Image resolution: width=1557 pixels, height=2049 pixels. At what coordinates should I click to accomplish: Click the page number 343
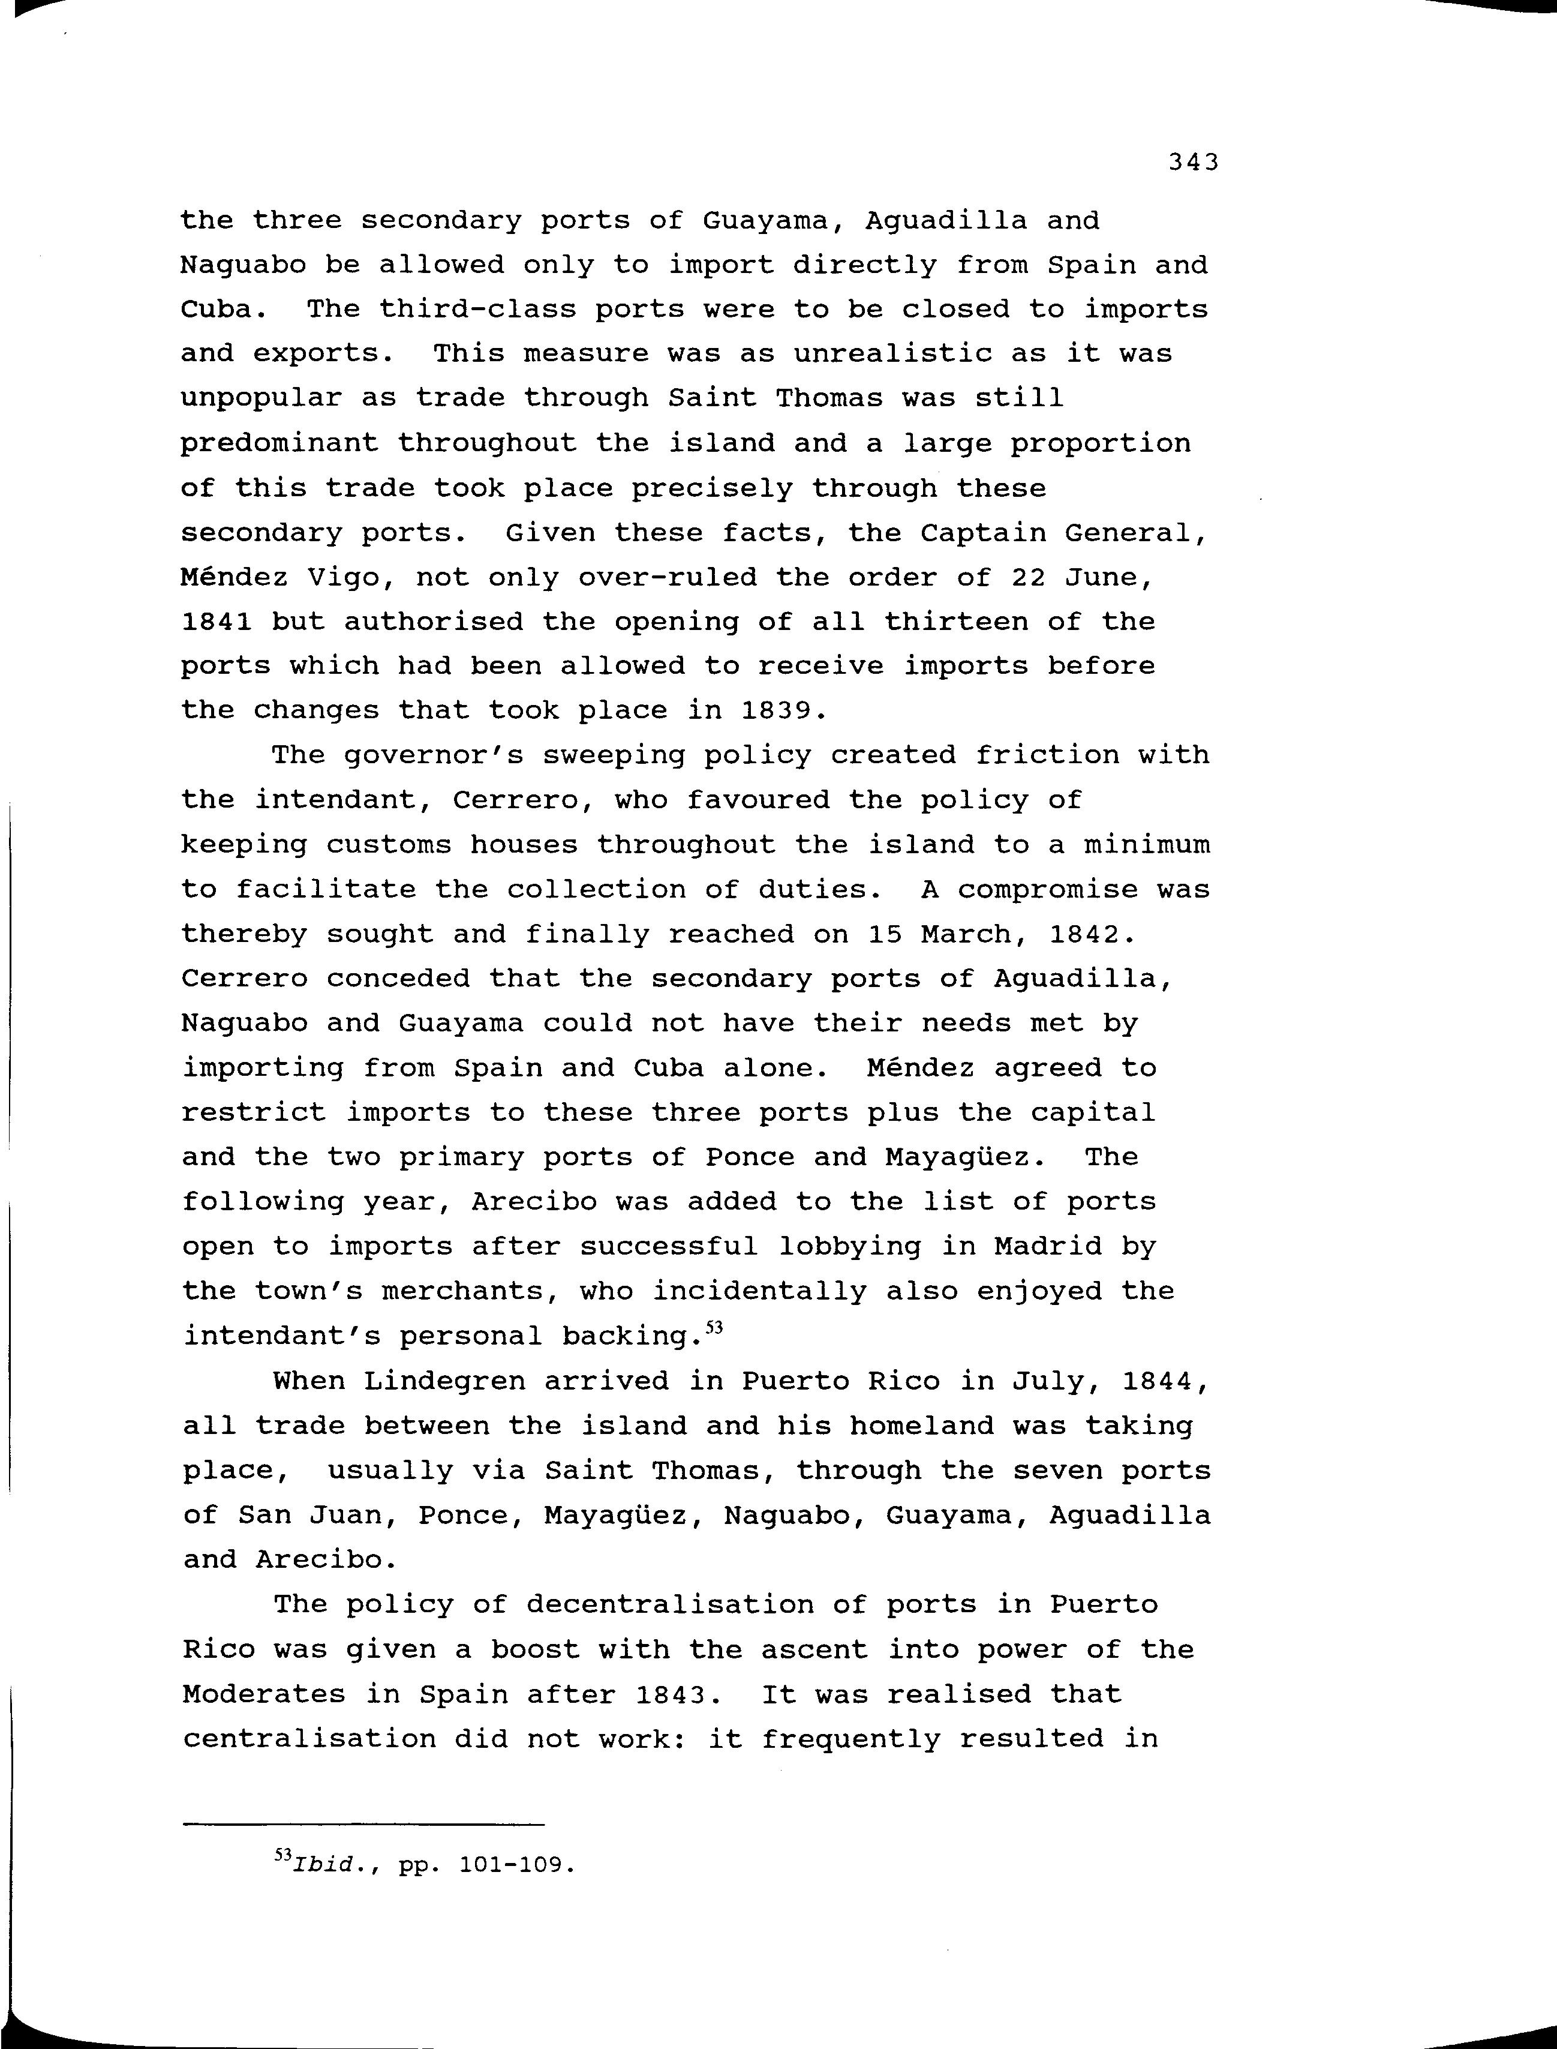tap(1193, 163)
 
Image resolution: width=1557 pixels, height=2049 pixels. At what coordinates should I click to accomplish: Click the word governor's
tap(434, 755)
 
